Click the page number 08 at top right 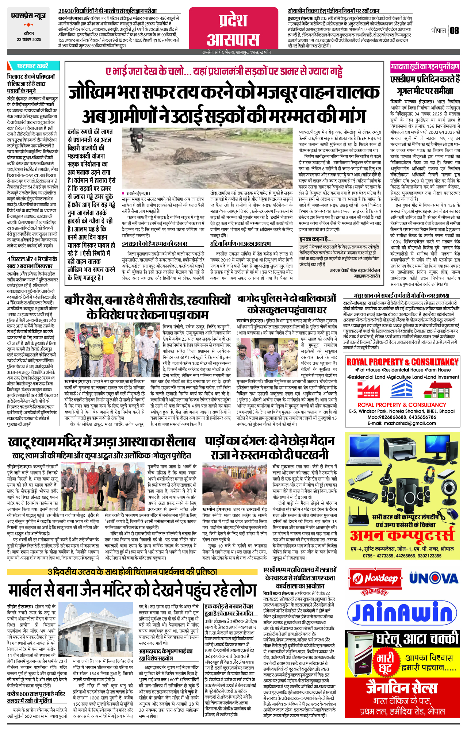(x=454, y=30)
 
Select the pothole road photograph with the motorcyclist (x=209, y=158)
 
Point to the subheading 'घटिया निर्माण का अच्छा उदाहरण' (x=240, y=243)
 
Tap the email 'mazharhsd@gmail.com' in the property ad (x=402, y=423)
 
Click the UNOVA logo (x=433, y=579)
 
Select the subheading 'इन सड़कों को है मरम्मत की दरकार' (x=154, y=243)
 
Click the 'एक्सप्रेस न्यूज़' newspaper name (x=28, y=16)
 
